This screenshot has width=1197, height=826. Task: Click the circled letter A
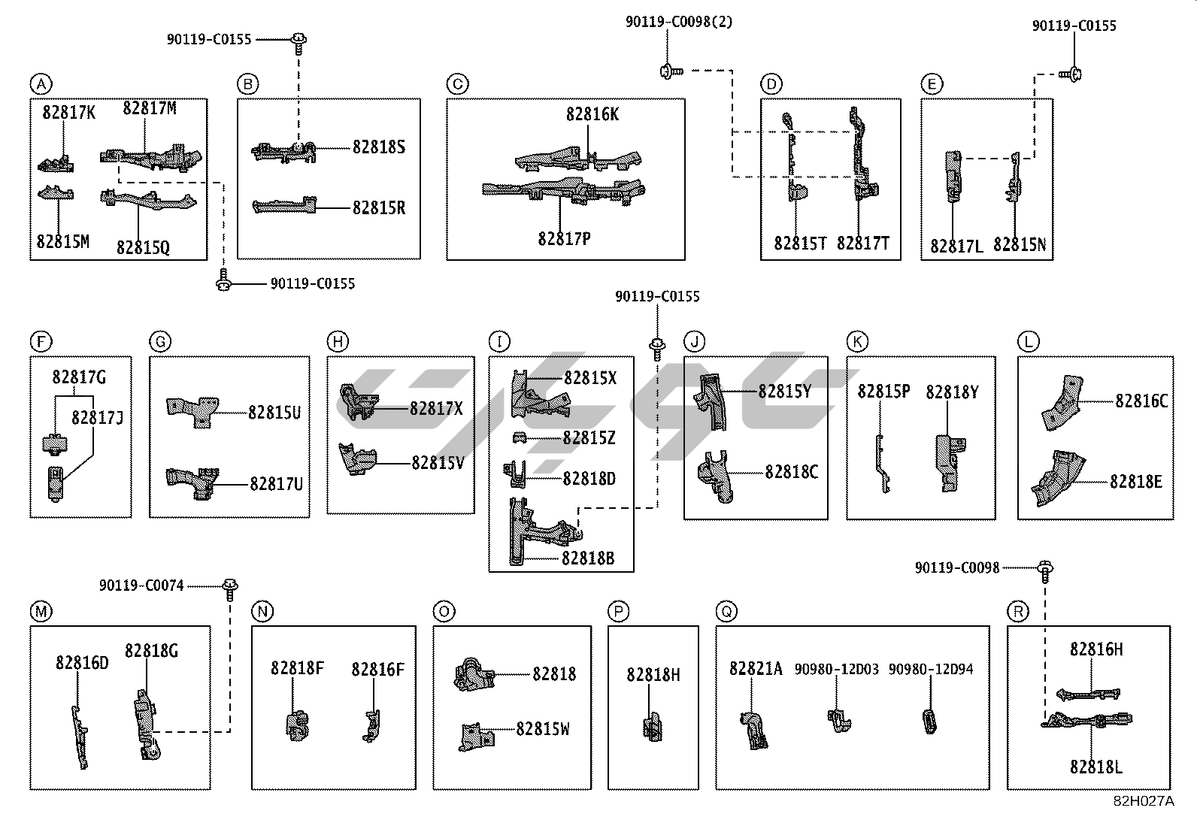click(41, 83)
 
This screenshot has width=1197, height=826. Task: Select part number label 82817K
click(68, 113)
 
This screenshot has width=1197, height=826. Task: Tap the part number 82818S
click(379, 147)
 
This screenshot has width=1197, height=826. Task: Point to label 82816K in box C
click(592, 115)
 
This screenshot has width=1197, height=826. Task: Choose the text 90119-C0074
click(141, 585)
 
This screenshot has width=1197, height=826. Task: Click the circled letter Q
click(726, 612)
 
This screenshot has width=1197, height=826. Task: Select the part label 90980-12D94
click(931, 669)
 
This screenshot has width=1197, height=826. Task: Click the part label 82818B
click(587, 558)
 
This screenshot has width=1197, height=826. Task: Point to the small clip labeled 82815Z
click(518, 437)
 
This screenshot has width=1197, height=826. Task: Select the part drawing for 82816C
click(1060, 404)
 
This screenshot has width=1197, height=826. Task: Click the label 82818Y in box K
click(952, 392)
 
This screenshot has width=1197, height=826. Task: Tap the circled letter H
click(338, 343)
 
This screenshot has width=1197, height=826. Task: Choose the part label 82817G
click(79, 377)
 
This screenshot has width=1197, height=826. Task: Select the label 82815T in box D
click(801, 244)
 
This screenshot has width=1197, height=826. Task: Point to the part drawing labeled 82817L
click(953, 177)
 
